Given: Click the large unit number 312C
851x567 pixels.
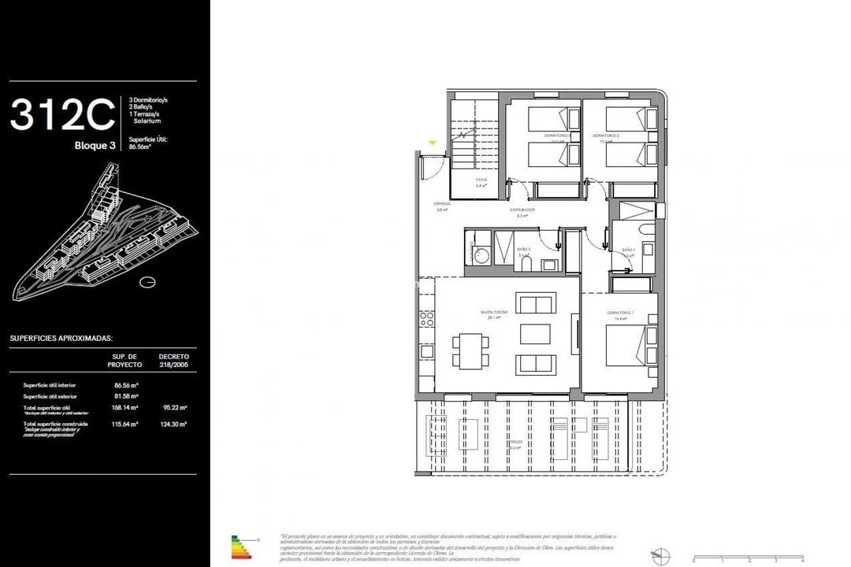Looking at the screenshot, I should [x=63, y=116].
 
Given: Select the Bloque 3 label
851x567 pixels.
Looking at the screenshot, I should [x=95, y=145].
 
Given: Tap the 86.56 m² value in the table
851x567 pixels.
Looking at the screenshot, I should [x=126, y=385].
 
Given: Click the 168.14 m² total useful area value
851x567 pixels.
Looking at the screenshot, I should [x=126, y=408].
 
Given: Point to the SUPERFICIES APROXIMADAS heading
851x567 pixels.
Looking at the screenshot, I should [x=61, y=338].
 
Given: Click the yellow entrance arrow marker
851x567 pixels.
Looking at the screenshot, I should [x=432, y=143].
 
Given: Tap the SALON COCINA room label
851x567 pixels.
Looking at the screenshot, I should [x=496, y=313].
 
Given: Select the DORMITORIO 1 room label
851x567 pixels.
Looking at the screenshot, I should [x=620, y=313].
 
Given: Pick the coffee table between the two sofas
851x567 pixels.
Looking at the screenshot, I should [x=536, y=334].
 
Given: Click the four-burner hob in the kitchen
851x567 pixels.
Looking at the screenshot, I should [x=428, y=319].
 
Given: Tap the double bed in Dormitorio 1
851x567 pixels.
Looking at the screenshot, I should [x=626, y=347].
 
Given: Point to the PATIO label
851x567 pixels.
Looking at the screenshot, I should [x=481, y=180].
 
